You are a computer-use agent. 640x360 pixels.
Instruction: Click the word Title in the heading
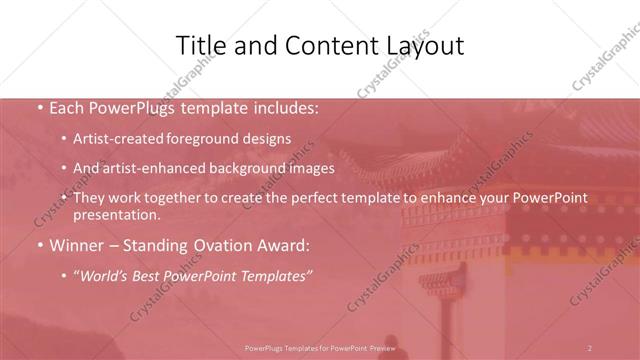[199, 45]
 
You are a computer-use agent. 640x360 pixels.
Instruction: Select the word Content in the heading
[315, 45]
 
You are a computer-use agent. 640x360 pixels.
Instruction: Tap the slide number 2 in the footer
[590, 347]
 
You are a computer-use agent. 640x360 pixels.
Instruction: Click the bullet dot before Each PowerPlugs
[38, 107]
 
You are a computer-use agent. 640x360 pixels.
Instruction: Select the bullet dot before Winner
[38, 244]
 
